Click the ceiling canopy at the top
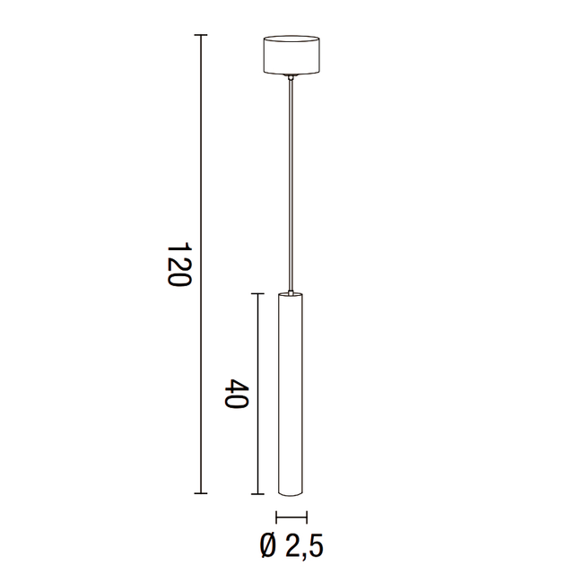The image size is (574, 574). click(x=291, y=56)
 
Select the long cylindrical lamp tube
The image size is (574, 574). click(x=291, y=395)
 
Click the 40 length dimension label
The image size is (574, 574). click(x=235, y=395)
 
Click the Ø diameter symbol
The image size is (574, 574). click(x=266, y=544)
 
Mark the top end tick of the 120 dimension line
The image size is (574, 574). click(x=201, y=36)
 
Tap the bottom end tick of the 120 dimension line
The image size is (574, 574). click(x=201, y=493)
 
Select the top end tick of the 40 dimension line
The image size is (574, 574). click(x=258, y=293)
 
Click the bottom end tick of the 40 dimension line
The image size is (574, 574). click(x=258, y=493)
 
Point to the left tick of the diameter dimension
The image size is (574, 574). click(x=277, y=517)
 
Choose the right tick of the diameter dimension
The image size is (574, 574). click(x=306, y=517)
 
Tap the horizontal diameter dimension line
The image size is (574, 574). click(x=291, y=517)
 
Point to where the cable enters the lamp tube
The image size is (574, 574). click(x=291, y=292)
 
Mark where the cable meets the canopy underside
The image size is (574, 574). click(x=291, y=78)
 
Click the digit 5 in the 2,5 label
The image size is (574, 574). click(x=315, y=544)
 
